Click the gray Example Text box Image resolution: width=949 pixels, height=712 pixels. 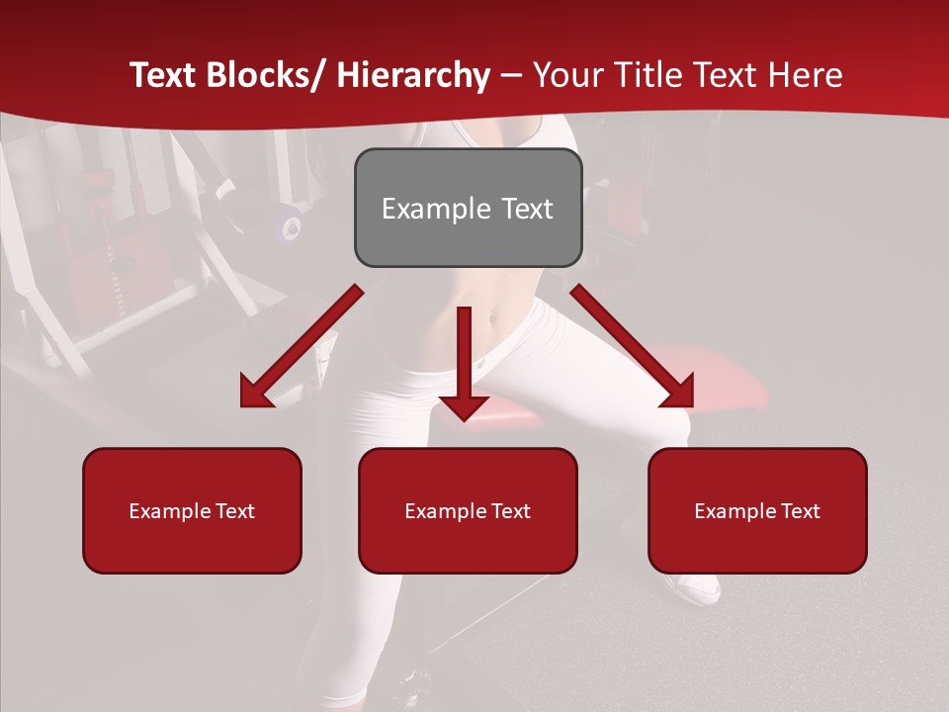click(x=468, y=208)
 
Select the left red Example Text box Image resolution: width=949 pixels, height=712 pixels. click(x=192, y=510)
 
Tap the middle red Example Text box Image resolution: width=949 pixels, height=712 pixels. click(x=468, y=510)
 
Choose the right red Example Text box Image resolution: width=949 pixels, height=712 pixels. click(x=757, y=510)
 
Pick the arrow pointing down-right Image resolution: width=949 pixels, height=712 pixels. click(x=633, y=346)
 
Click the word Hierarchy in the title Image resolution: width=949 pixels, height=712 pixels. click(x=413, y=75)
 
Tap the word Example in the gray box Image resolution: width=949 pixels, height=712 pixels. click(x=436, y=209)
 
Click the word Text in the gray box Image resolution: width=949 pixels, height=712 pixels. click(x=527, y=209)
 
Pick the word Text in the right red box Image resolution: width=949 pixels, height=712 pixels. click(x=800, y=511)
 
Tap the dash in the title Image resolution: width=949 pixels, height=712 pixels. click(x=511, y=75)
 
